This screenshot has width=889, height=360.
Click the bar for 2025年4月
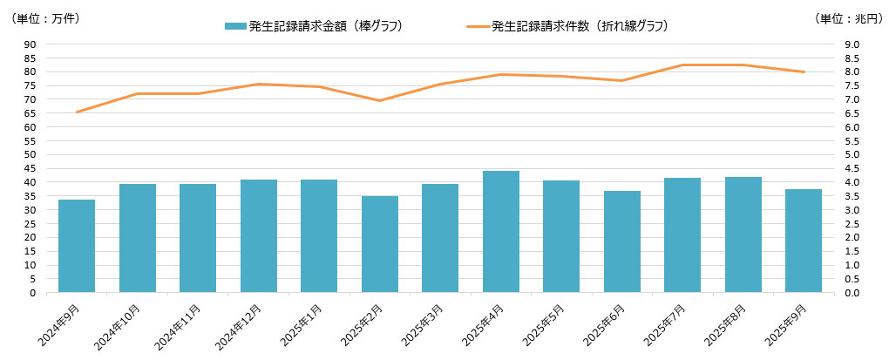[500, 232]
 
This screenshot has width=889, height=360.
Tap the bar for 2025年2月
[379, 244]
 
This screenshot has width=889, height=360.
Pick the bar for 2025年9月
[803, 241]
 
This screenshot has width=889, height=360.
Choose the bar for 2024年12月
[258, 235]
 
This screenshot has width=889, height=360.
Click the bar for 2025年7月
[682, 234]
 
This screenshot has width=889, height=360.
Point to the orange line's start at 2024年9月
[77, 112]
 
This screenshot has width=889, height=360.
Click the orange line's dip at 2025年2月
[379, 100]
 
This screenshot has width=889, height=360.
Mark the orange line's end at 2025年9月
[803, 71]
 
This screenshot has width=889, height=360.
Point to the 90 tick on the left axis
[30, 44]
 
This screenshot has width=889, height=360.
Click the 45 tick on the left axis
[30, 168]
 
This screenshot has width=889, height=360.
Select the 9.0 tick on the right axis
[851, 44]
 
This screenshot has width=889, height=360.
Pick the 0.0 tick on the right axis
[851, 293]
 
